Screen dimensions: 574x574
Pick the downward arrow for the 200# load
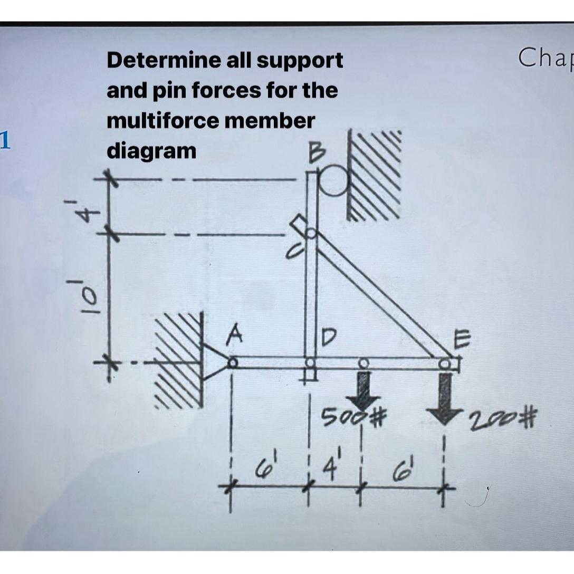coord(446,396)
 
